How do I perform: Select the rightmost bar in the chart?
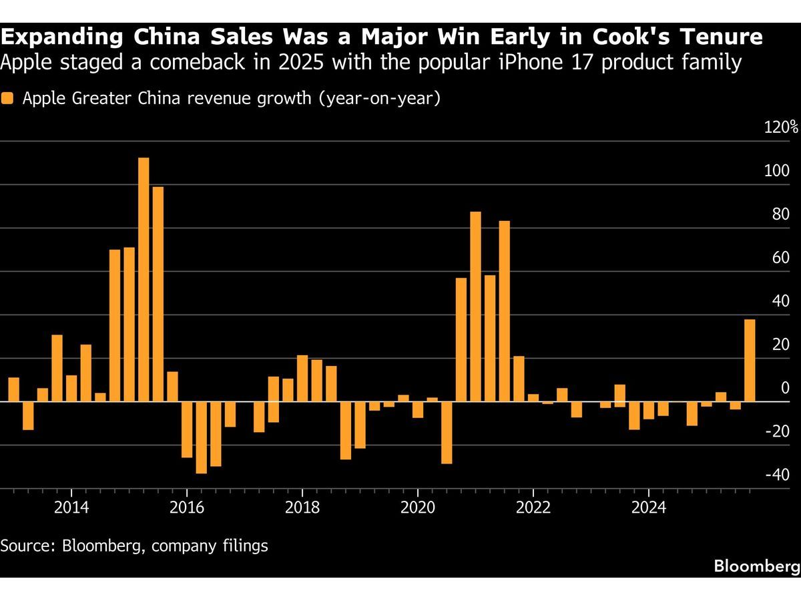click(x=750, y=361)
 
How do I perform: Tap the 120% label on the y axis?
click(x=781, y=128)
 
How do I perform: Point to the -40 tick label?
click(x=778, y=475)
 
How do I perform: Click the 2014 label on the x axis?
click(x=71, y=507)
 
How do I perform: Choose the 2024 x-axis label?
click(x=649, y=507)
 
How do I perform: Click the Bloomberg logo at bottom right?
click(x=757, y=566)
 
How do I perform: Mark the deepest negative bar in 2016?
click(x=201, y=437)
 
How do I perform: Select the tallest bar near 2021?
click(x=475, y=307)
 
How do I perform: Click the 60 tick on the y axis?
click(x=781, y=258)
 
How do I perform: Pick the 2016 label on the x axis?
click(x=187, y=507)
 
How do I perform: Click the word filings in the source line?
click(x=244, y=546)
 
